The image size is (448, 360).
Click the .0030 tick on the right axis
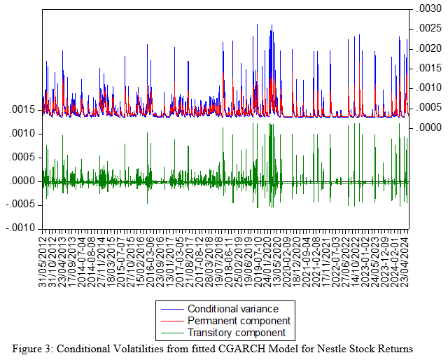pos(427,8)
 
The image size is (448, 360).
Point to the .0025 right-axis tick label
pos(427,28)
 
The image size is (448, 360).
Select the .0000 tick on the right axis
pos(427,127)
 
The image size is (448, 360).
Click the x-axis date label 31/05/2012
pos(44,259)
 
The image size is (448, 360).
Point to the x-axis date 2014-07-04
pos(84,259)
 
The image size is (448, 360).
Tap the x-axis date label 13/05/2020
pos(276,259)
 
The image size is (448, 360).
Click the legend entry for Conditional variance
pos(232,309)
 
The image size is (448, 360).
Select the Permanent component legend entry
pos(236,321)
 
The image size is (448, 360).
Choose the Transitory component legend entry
pos(236,333)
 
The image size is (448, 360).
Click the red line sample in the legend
pos(169,321)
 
